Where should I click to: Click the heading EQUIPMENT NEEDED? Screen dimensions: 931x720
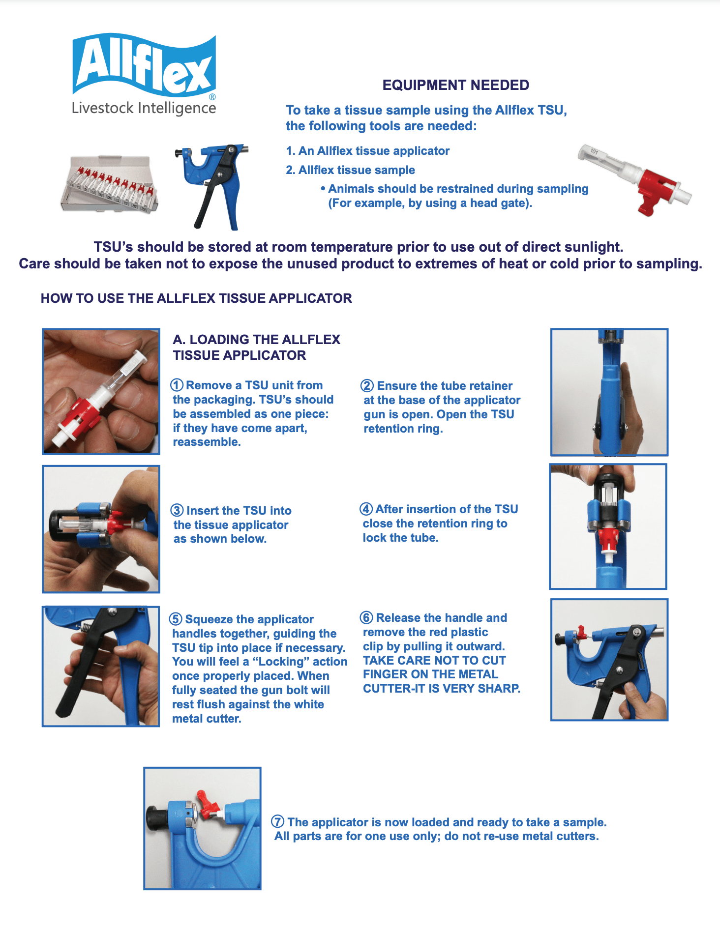(x=455, y=85)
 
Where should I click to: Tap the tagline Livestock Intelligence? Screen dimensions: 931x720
(x=144, y=108)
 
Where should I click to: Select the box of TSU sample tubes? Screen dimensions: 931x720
(x=109, y=185)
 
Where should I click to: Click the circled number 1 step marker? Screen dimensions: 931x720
(x=177, y=385)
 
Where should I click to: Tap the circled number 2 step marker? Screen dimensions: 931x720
(x=367, y=386)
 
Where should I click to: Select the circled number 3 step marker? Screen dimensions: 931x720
(x=177, y=511)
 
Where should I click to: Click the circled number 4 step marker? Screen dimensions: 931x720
(x=366, y=509)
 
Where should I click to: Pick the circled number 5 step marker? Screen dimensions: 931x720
(x=176, y=619)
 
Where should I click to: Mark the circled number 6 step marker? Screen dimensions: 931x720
(x=366, y=618)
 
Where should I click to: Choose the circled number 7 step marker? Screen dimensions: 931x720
(x=278, y=822)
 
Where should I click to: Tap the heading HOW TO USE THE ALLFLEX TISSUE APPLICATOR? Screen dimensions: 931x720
(x=196, y=298)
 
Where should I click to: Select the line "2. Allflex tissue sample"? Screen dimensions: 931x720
(x=350, y=170)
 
